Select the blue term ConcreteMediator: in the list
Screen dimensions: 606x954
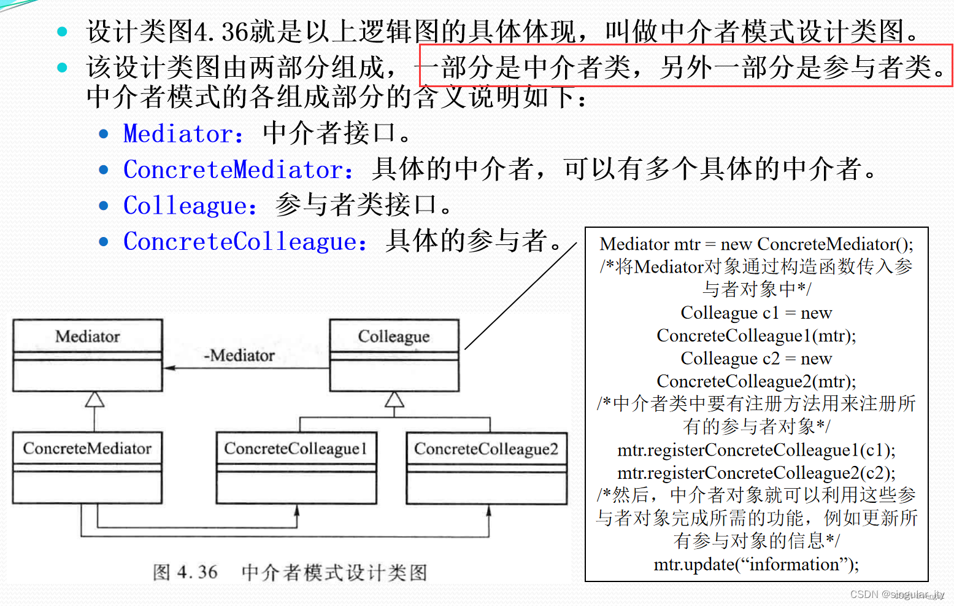point(238,170)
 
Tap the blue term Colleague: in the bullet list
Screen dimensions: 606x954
point(190,206)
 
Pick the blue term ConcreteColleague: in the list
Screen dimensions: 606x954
point(245,242)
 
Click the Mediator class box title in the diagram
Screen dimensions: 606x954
point(88,336)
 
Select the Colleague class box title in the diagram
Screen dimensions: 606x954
point(394,336)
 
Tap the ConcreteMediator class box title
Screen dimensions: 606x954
point(87,449)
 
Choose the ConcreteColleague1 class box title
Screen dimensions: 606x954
point(296,449)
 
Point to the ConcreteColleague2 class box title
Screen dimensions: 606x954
point(487,449)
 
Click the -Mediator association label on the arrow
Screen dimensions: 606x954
point(239,355)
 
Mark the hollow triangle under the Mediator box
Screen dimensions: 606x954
point(94,400)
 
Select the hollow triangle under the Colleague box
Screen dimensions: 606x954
point(394,400)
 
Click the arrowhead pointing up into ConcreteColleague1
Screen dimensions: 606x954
point(297,510)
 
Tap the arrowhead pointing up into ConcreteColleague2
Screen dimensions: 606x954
point(488,511)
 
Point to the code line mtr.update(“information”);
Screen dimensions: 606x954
point(756,564)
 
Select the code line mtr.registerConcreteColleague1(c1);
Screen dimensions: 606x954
point(756,450)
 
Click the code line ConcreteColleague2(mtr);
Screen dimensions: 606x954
point(756,381)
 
